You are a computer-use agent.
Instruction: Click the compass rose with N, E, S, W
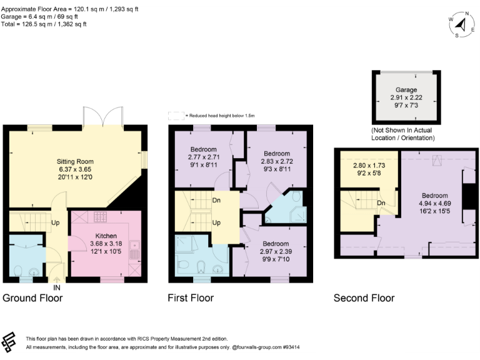(x=461, y=24)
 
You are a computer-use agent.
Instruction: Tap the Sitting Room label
(x=75, y=161)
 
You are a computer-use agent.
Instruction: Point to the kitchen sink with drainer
(x=134, y=251)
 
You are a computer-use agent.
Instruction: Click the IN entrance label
(x=57, y=289)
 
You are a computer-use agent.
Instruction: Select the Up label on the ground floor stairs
(x=56, y=222)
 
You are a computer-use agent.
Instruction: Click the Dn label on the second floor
(x=381, y=203)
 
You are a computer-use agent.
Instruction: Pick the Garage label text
(x=406, y=90)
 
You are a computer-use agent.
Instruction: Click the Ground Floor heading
(x=33, y=298)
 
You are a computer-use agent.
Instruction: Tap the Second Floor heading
(x=364, y=298)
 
